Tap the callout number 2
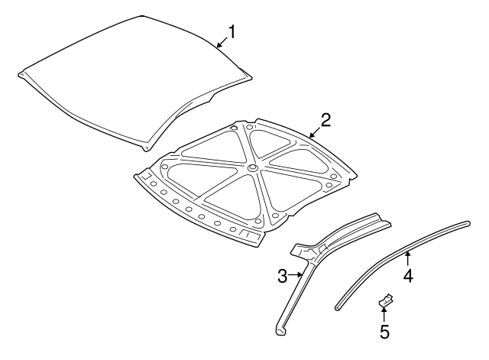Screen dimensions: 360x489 pos(325,119)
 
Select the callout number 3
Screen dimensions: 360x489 pos(282,274)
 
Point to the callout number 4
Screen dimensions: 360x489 pos(408,276)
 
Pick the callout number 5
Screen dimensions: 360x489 pos(384,331)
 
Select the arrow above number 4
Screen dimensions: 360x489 pos(408,258)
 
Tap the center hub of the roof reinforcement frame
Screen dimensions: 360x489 pos(251,167)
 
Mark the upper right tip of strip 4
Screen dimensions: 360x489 pos(467,223)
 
